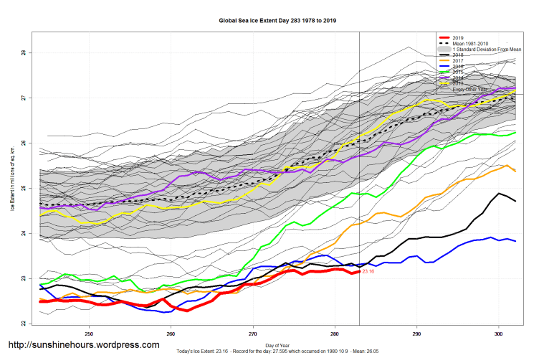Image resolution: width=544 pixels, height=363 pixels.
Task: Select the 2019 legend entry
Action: pos(459,37)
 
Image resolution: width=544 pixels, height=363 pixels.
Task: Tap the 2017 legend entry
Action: pos(459,61)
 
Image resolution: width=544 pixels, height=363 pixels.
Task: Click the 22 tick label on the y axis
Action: pos(24,324)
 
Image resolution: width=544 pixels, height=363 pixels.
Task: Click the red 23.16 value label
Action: pos(368,272)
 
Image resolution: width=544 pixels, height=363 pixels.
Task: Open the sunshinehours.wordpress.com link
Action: pos(83,345)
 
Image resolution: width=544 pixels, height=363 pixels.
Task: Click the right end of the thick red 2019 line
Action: pos(358,271)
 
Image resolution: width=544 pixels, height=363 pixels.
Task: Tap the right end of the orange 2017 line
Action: pos(515,171)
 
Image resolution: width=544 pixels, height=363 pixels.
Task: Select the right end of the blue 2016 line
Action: pos(515,241)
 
